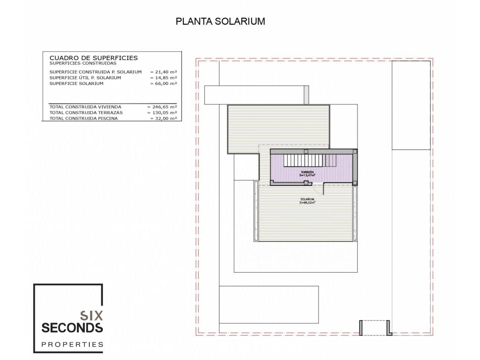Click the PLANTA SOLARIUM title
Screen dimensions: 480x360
click(x=220, y=21)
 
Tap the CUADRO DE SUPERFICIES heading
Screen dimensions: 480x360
click(x=94, y=58)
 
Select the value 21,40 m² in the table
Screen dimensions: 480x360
click(x=164, y=72)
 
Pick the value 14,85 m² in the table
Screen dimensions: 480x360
click(x=164, y=78)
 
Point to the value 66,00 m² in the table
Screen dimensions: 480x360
click(x=164, y=83)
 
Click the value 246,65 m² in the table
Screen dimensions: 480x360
click(x=162, y=107)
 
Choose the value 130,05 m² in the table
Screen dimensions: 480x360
click(x=162, y=113)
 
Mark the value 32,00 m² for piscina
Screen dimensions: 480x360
click(x=164, y=118)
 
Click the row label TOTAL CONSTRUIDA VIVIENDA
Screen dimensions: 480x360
click(x=85, y=107)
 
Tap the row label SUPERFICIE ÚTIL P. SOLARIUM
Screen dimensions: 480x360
click(x=85, y=78)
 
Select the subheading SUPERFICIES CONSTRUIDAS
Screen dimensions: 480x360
click(x=83, y=63)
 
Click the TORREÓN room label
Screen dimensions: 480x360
click(x=307, y=172)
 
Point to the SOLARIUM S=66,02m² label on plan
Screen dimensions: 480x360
click(x=307, y=201)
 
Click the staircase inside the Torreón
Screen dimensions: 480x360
click(x=310, y=160)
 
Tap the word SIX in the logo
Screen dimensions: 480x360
click(x=91, y=316)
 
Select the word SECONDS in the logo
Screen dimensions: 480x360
click(x=72, y=328)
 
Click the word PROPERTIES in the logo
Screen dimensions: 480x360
click(x=72, y=345)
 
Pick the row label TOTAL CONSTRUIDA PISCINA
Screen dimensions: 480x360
click(x=84, y=118)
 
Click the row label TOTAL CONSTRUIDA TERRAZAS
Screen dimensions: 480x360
click(x=86, y=113)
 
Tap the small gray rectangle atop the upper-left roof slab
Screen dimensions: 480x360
click(x=306, y=95)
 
